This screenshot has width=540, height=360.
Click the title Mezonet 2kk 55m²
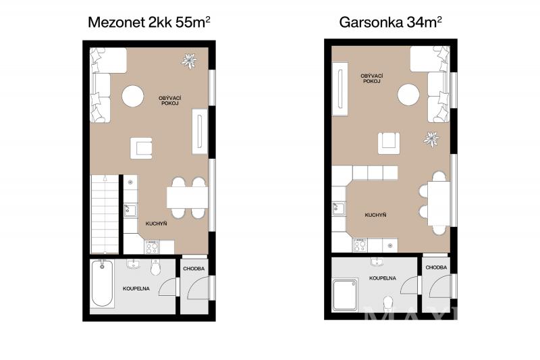tap(149, 22)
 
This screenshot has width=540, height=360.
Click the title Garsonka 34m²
tap(391, 22)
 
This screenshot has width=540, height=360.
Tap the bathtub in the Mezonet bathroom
tap(103, 283)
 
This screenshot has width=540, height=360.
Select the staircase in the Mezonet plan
tap(105, 214)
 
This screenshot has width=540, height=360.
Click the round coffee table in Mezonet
tap(132, 96)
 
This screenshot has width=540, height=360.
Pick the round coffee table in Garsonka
tap(408, 95)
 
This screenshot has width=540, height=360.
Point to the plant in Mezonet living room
tap(189, 61)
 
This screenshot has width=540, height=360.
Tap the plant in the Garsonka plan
tap(431, 139)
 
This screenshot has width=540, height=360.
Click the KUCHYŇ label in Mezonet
tap(156, 224)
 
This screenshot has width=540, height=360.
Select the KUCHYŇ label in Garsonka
tap(375, 215)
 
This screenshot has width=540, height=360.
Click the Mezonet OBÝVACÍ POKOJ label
tap(170, 101)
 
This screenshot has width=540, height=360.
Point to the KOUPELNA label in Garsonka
tap(383, 278)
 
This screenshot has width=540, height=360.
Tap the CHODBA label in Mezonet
tap(194, 268)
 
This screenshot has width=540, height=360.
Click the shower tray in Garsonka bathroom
tap(345, 295)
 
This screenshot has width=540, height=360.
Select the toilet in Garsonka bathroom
tap(388, 303)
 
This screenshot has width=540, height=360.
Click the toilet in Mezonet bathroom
tap(156, 267)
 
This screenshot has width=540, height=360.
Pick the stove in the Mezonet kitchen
tap(152, 247)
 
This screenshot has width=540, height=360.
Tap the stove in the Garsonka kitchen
tap(360, 245)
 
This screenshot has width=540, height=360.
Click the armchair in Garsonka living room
tap(389, 143)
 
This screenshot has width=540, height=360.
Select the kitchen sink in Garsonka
tap(339, 209)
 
